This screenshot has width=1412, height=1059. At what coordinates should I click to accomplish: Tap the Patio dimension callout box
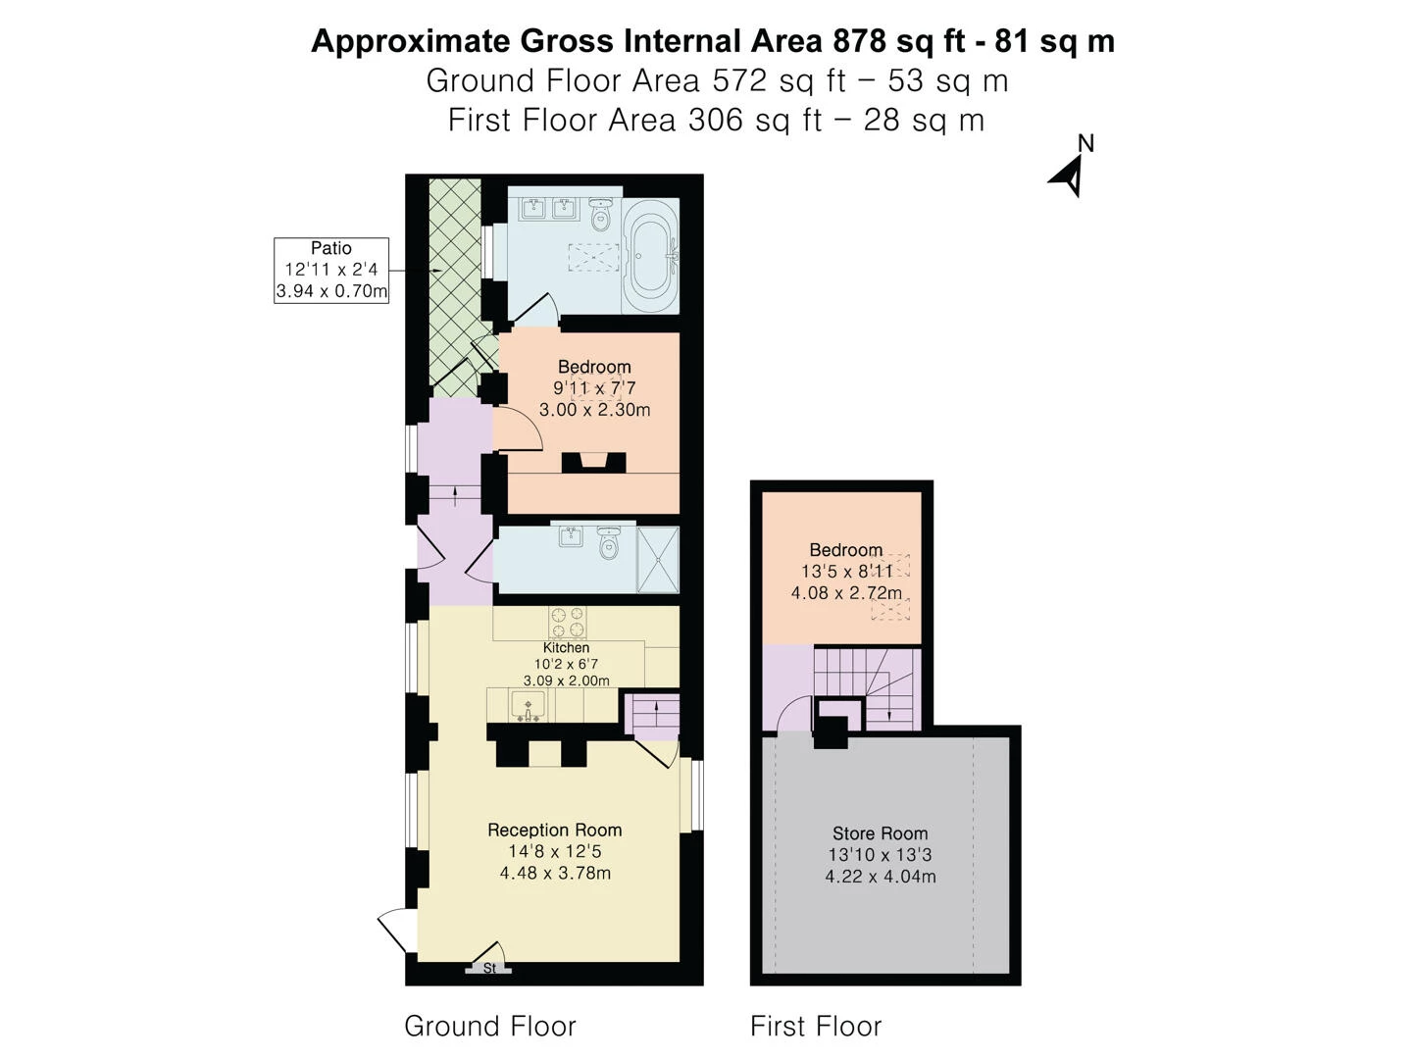[331, 270]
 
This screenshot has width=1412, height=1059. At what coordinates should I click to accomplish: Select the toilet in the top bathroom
[601, 214]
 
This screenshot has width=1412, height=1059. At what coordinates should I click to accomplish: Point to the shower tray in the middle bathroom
[657, 560]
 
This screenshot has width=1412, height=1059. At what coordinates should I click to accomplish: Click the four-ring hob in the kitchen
[568, 623]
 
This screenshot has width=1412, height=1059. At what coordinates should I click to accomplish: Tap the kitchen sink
[529, 705]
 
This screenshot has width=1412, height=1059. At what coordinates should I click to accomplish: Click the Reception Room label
[555, 831]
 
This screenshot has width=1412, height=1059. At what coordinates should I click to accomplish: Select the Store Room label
[880, 833]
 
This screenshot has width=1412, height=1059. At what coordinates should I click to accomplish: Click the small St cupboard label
[489, 969]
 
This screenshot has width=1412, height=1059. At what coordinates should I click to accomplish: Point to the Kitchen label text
[566, 648]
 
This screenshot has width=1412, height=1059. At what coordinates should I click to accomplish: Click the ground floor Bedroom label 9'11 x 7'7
[594, 387]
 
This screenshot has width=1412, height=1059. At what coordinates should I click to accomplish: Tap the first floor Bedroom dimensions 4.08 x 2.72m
[846, 593]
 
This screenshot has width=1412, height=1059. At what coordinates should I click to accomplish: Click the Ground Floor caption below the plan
[489, 1027]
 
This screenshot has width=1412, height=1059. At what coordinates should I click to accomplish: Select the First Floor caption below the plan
[816, 1027]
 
